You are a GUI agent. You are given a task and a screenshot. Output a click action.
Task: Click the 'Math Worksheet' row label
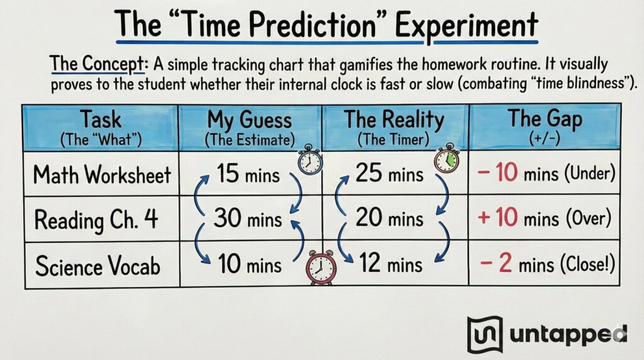click(x=103, y=174)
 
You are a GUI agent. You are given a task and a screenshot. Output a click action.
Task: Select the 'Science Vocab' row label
click(x=97, y=266)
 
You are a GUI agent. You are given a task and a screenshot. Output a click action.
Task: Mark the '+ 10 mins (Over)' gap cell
click(x=545, y=219)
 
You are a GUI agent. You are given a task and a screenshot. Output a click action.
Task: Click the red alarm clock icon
click(x=321, y=267)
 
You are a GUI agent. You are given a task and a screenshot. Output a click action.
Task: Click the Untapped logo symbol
click(x=485, y=334)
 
